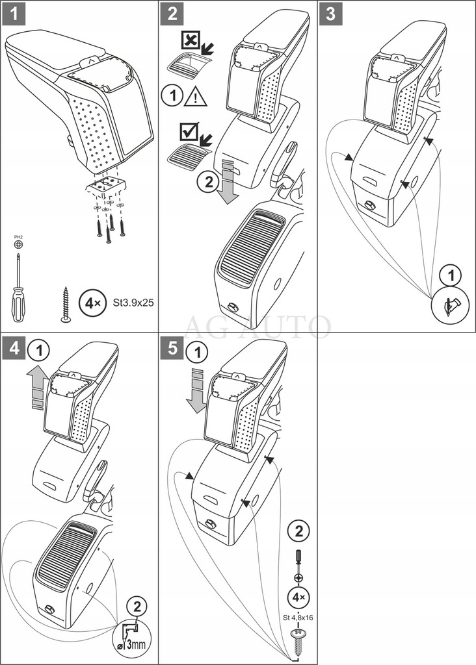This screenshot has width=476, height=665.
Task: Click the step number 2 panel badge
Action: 172,14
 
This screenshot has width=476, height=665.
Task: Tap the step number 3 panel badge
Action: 331,14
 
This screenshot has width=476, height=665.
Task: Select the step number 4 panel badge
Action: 14,349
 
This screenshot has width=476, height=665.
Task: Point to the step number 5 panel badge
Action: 172,349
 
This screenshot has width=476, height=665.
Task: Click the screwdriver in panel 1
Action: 18,286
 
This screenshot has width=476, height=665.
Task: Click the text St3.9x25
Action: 129,302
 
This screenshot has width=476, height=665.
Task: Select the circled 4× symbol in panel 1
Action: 90,302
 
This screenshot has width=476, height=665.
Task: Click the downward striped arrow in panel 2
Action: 227,181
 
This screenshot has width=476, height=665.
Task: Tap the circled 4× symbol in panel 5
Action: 298,597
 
